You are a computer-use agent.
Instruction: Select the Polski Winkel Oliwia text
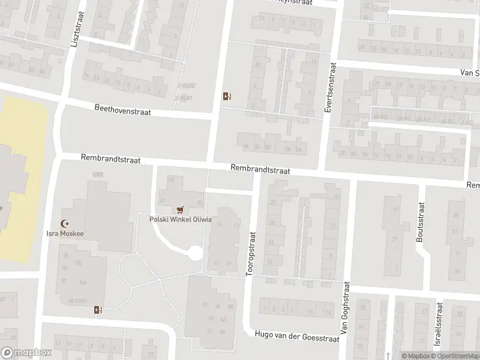point(180,219)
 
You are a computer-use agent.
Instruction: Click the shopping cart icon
point(179,209)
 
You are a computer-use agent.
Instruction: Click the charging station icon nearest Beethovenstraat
point(226,96)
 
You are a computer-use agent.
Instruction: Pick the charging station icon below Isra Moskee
point(98,310)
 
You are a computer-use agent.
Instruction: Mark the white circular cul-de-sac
point(195,253)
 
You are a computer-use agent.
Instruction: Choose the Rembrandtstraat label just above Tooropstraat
point(260,170)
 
